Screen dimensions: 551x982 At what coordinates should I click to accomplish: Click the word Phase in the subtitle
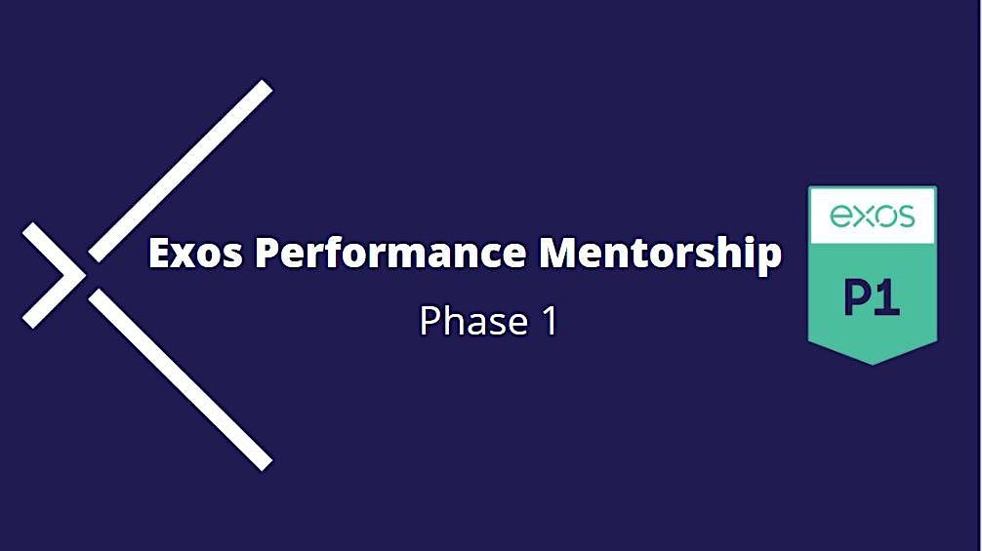(468, 321)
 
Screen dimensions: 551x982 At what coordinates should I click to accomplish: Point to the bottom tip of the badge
(872, 363)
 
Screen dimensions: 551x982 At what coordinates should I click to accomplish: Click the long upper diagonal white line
(182, 171)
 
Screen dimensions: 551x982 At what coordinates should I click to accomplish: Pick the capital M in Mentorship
(559, 254)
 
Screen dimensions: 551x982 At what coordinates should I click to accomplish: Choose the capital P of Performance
(267, 254)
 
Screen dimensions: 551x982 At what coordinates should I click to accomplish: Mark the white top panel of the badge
(872, 216)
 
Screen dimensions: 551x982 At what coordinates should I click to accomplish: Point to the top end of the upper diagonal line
(266, 88)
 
